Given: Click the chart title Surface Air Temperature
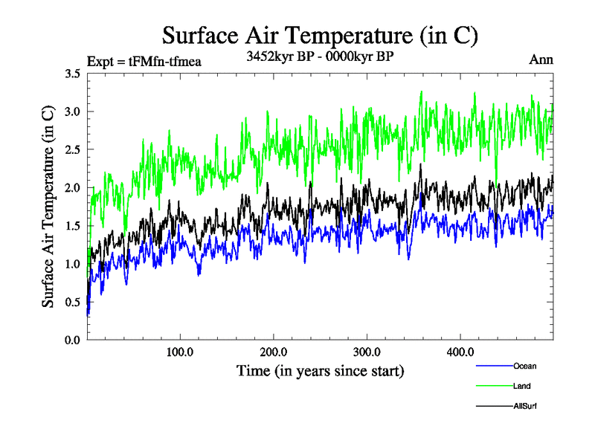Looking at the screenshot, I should [x=320, y=35].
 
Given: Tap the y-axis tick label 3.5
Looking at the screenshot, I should [x=73, y=74].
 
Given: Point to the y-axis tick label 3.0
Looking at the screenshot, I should [x=73, y=111].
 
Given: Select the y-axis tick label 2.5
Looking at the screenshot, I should [x=73, y=149].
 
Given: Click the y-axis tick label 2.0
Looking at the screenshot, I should [x=73, y=188].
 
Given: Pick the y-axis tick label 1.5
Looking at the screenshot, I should [x=73, y=226].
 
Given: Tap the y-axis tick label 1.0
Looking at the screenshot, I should [x=73, y=264].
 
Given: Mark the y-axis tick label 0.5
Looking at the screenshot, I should [x=73, y=302].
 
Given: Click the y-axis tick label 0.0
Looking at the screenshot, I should [x=73, y=340].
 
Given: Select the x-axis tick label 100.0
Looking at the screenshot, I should [x=180, y=352].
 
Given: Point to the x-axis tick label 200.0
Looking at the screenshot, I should [x=274, y=352].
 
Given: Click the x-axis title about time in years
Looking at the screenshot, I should [x=320, y=370].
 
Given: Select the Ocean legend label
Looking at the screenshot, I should [x=524, y=366].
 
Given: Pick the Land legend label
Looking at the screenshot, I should [x=522, y=386].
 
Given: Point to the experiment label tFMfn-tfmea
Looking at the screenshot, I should [x=144, y=61].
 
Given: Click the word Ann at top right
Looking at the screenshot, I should [x=541, y=60].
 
